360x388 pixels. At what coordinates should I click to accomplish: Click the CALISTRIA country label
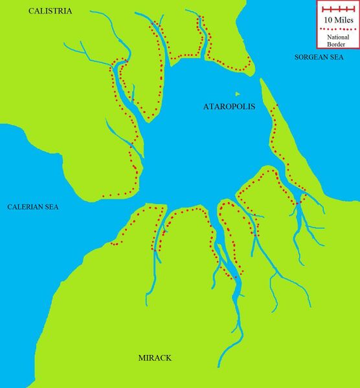(50, 12)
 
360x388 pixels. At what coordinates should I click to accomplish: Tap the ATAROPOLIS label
(229, 107)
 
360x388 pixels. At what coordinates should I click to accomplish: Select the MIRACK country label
(155, 358)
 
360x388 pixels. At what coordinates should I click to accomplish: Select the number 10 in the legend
(326, 20)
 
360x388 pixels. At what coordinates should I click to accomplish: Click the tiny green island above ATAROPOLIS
(237, 94)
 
